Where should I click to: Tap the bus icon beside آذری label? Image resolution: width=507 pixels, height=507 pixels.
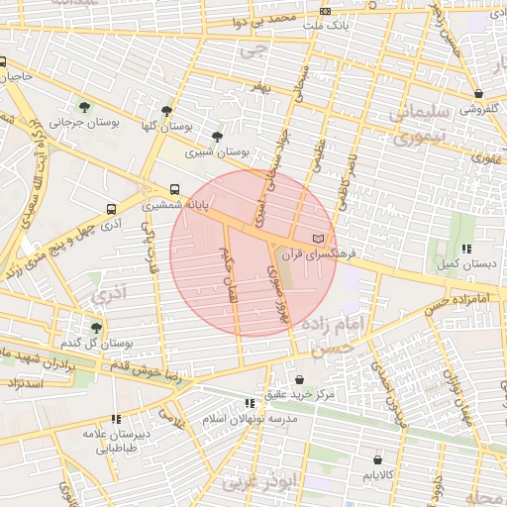tap(110, 210)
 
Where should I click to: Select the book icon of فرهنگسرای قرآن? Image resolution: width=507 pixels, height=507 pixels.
tap(318, 239)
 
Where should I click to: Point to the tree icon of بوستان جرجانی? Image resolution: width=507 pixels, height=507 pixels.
tap(83, 106)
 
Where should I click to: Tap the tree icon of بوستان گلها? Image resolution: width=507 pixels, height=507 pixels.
tap(166, 111)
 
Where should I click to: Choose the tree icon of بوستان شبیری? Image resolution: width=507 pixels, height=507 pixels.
tap(217, 137)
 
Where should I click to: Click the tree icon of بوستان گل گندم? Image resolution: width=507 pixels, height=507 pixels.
tap(96, 327)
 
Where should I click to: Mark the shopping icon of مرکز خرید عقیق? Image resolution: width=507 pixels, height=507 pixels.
tap(300, 379)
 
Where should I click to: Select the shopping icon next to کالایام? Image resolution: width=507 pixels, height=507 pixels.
tap(377, 459)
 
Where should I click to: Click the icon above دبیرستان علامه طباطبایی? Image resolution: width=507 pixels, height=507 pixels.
tap(116, 419)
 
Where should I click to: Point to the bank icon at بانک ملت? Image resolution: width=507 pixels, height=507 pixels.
tap(326, 12)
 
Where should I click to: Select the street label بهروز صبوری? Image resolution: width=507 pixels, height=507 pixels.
tap(280, 295)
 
